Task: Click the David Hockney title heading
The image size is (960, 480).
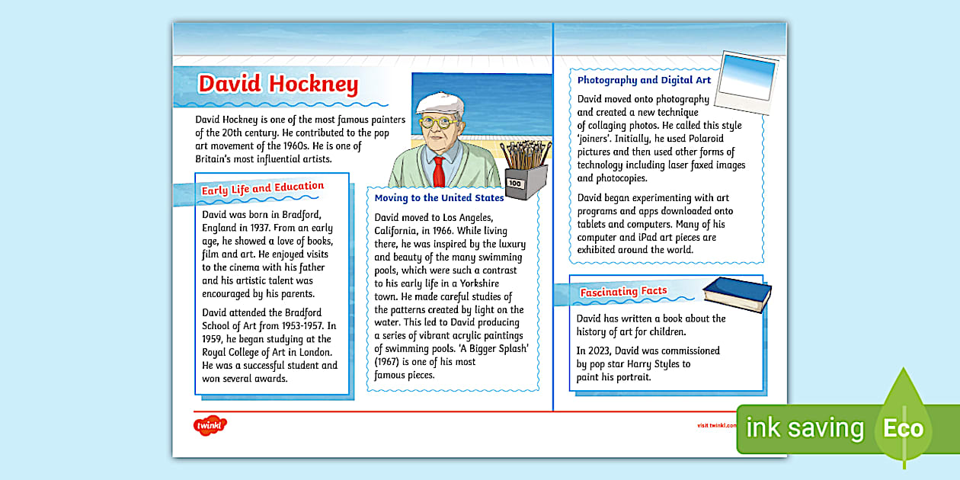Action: [x=278, y=85]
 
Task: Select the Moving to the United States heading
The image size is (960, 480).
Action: [x=439, y=198]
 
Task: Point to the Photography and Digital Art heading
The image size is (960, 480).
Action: [x=644, y=80]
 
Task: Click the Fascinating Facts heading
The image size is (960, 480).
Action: [x=623, y=292]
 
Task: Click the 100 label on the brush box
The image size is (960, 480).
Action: [x=514, y=184]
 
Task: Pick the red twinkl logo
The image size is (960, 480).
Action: [x=210, y=425]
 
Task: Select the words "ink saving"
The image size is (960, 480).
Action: [x=805, y=428]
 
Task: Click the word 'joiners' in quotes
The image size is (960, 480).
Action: [x=596, y=139]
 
